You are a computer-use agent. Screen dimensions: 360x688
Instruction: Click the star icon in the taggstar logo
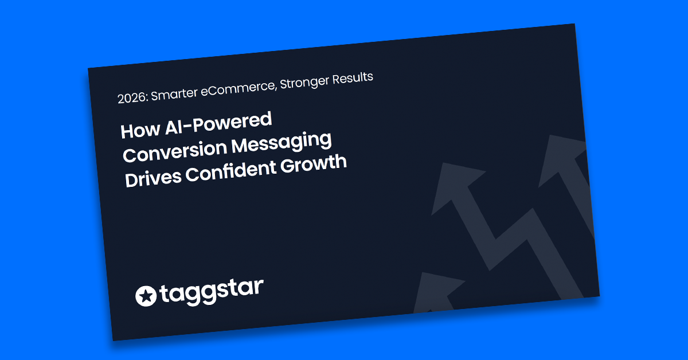(x=146, y=296)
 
